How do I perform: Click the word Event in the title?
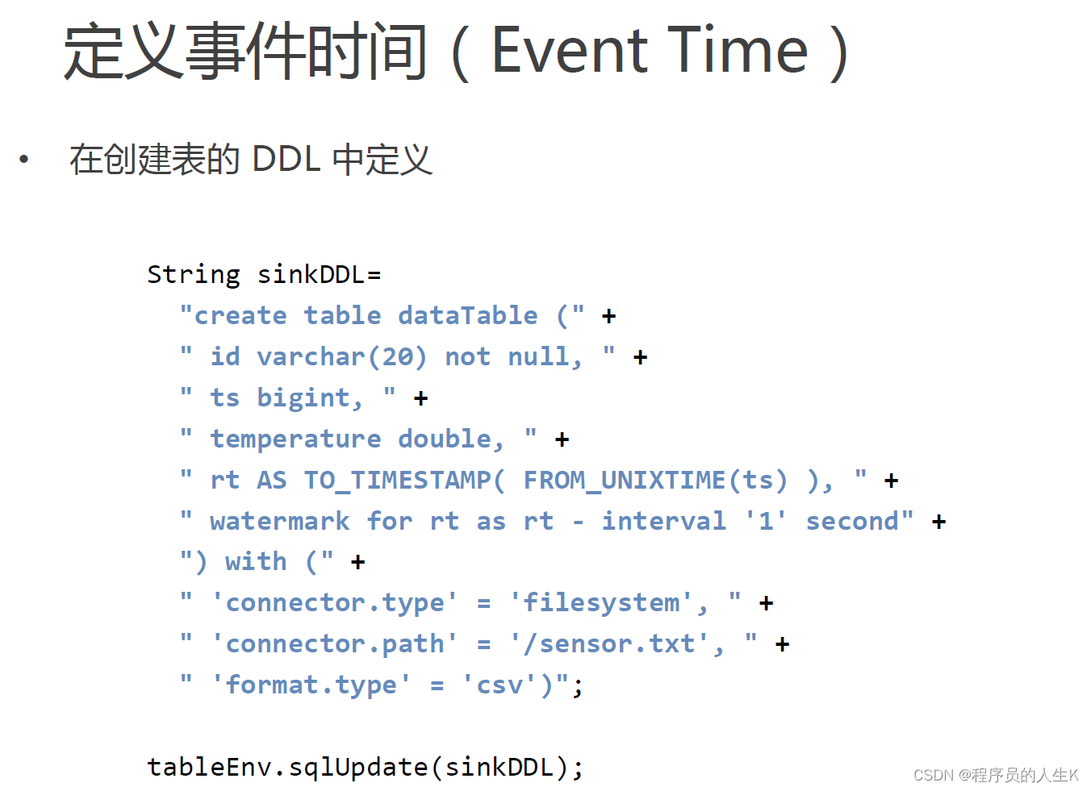pos(570,50)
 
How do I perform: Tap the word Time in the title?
pos(738,50)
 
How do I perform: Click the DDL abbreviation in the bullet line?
pos(286,159)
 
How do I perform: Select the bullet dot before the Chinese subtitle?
pos(24,159)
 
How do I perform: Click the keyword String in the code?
pos(194,275)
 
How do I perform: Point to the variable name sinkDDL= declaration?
pos(319,275)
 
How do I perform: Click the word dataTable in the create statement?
pos(468,316)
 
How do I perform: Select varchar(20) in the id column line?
pos(341,357)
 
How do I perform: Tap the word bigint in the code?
pos(310,398)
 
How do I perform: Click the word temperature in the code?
pos(295,439)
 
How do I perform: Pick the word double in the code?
pos(450,439)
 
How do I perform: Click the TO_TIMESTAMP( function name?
pos(404,481)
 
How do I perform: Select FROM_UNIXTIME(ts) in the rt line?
pos(655,481)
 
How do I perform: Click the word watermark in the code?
pos(280,522)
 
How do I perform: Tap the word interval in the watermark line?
pos(664,522)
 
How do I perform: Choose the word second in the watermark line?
pos(852,522)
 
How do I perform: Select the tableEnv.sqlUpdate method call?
pos(287,768)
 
